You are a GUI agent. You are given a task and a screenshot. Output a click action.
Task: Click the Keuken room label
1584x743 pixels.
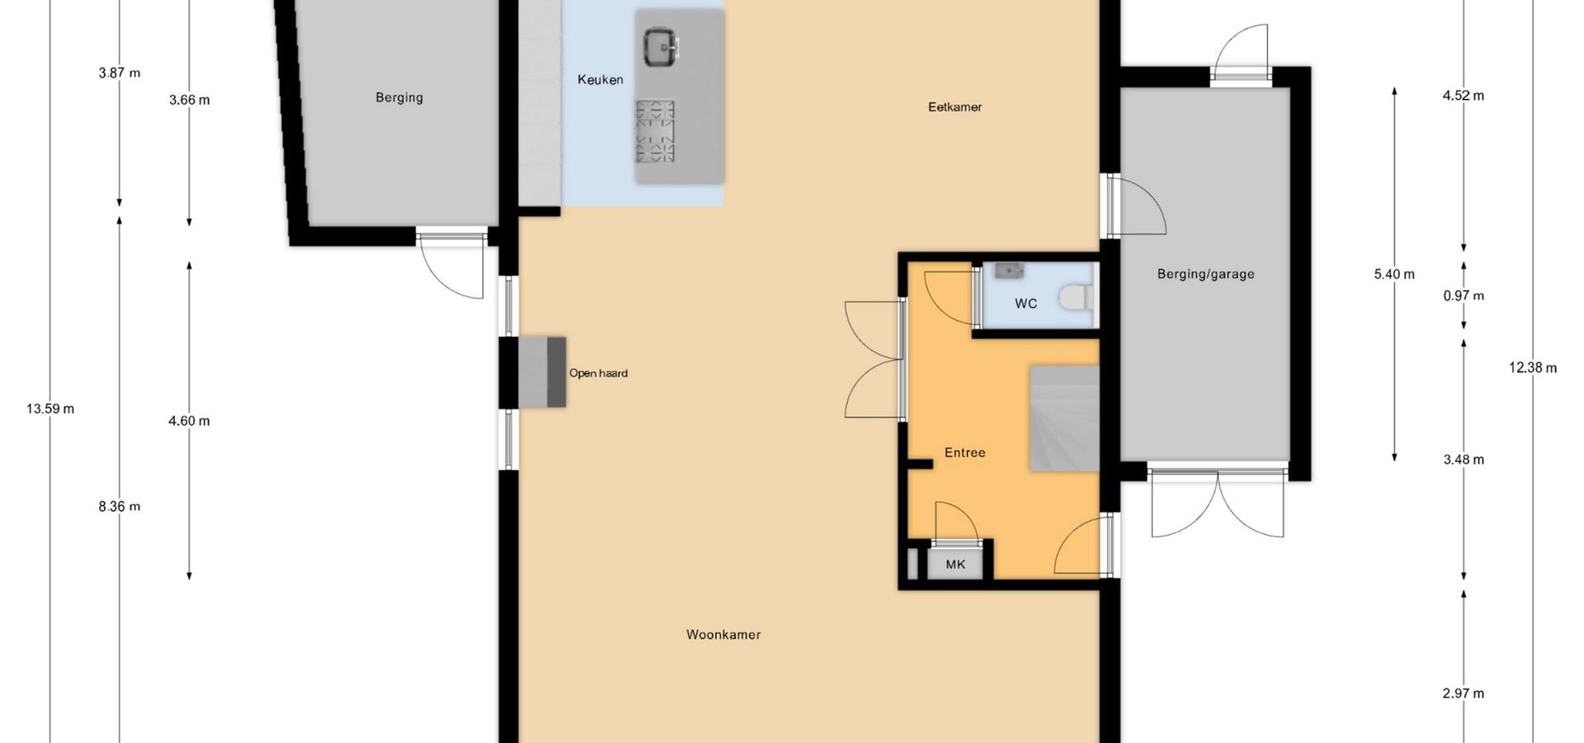(600, 80)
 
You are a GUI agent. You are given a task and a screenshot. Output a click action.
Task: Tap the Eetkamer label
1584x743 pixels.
(955, 106)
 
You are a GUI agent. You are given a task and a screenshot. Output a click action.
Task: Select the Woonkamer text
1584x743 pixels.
(724, 635)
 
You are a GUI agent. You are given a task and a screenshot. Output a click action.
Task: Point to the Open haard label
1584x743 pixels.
(598, 373)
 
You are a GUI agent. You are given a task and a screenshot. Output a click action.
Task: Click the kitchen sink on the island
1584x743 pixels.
(660, 46)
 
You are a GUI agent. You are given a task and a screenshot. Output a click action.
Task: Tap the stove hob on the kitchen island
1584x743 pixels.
(655, 131)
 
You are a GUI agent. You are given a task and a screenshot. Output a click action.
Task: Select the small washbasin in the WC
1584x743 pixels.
(1008, 270)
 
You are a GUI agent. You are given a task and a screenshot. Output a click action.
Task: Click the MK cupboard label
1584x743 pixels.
(955, 565)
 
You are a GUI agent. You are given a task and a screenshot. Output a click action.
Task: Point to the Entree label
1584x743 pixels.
(964, 452)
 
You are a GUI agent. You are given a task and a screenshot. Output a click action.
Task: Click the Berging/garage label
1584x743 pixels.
(1205, 274)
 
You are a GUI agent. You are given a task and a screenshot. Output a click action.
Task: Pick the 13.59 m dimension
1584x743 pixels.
(50, 409)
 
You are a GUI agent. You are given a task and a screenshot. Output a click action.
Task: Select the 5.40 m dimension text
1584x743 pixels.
(1394, 274)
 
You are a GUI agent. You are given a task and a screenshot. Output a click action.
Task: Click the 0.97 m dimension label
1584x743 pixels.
(1464, 296)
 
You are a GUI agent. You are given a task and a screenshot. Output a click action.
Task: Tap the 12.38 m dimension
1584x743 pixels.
(1533, 368)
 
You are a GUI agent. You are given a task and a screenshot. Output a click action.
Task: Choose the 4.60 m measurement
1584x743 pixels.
(189, 421)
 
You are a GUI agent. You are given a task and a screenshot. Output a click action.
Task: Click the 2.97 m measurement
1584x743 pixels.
(1464, 693)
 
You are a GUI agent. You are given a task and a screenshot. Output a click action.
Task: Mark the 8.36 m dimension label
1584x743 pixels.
(120, 507)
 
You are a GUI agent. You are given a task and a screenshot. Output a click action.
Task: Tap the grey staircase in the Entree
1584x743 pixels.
(1064, 419)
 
